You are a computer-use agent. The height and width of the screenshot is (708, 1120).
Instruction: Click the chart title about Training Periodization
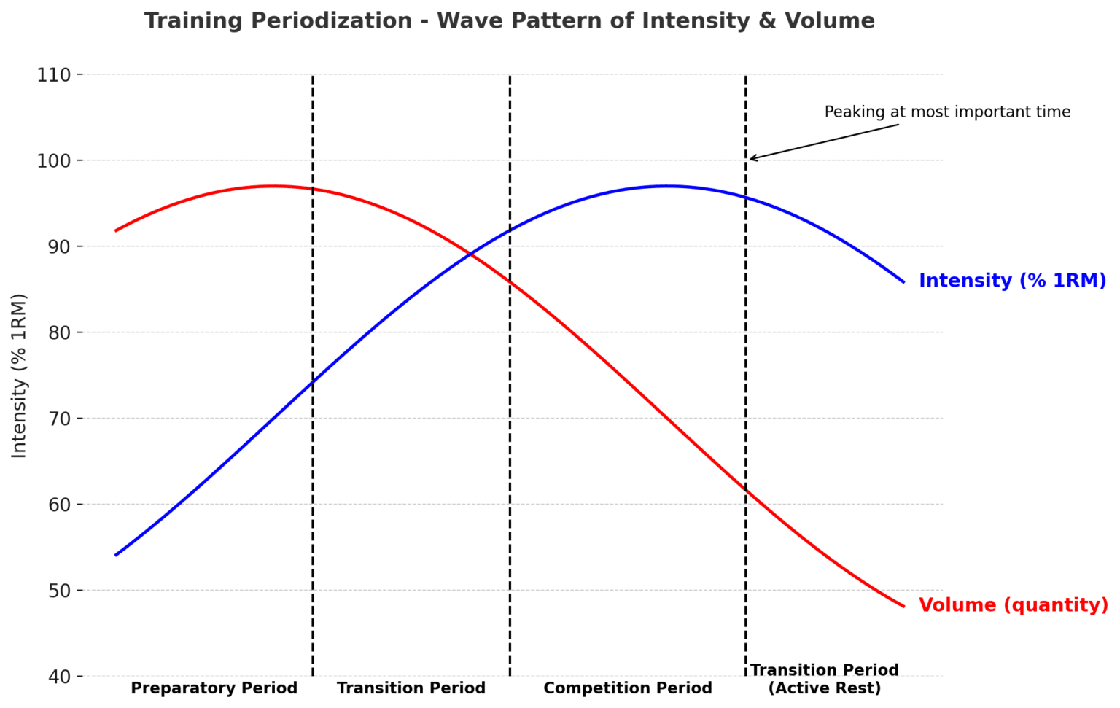[509, 21]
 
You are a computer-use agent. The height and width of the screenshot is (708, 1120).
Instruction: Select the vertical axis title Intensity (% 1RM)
[20, 376]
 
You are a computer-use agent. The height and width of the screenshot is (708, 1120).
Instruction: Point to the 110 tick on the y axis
[54, 75]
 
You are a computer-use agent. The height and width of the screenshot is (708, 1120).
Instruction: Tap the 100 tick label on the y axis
[54, 160]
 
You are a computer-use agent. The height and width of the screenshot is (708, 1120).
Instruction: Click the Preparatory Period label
[214, 688]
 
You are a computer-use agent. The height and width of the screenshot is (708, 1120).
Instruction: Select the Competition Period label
[628, 688]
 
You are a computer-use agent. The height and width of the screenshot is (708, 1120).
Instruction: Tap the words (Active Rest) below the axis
[825, 689]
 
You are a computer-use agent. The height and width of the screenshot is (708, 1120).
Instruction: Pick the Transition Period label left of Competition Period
[411, 688]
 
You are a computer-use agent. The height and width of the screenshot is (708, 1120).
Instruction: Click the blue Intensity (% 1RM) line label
[1012, 281]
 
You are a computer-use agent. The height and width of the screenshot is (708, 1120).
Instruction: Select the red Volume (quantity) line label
[1013, 605]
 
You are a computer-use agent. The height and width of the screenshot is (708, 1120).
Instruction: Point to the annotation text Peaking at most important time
[947, 112]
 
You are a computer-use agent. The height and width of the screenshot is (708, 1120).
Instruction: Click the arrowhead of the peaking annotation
[752, 159]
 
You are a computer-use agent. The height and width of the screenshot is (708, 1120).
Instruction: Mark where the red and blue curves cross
[471, 254]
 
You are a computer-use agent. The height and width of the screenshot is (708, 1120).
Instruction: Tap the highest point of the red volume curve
[273, 186]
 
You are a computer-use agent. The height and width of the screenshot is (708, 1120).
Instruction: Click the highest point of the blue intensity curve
[667, 186]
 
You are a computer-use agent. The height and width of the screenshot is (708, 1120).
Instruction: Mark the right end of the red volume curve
[903, 606]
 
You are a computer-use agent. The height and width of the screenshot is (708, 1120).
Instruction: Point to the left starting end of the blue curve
[116, 555]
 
